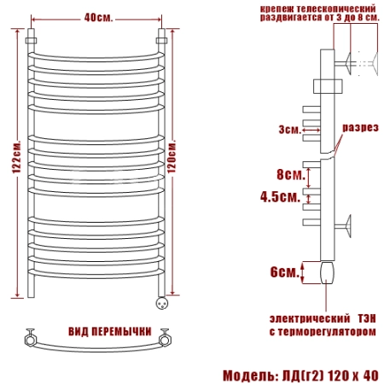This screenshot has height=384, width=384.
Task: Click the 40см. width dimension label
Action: pos(98,18)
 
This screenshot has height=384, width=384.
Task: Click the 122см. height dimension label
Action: pos(16,156)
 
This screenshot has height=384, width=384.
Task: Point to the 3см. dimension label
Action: pos(289,130)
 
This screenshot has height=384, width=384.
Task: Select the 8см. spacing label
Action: pos(291,174)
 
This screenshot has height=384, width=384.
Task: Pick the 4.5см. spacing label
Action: pos(280,196)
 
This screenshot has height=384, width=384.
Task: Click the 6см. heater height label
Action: pos(285,272)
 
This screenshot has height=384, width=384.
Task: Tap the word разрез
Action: pos(360,128)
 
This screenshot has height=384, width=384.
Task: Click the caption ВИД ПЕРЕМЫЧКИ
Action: pos(110,332)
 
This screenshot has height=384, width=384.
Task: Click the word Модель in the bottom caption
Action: pos(248,375)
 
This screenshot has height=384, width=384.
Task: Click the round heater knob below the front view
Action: pos(162,303)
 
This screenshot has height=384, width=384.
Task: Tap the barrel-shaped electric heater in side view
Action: pos(327,273)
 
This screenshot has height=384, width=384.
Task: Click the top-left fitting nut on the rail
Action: pos(31,40)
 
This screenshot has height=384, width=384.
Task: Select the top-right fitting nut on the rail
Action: pos(161,40)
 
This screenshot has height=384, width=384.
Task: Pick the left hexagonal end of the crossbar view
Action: pos(30,340)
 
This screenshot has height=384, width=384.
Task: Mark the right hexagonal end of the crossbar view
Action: pos(166,340)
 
